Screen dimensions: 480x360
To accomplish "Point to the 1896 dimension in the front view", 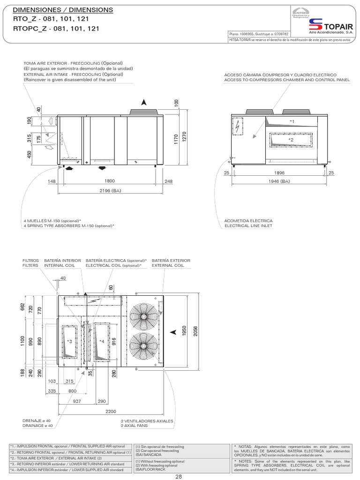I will click(x=279, y=173).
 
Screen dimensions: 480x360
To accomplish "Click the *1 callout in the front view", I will click(x=292, y=121).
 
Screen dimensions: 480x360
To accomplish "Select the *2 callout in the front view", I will click(x=291, y=140).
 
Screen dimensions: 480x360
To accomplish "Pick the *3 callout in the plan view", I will click(x=69, y=341).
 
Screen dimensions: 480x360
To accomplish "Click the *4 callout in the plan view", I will click(x=101, y=341).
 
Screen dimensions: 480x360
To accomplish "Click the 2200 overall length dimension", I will click(x=111, y=411).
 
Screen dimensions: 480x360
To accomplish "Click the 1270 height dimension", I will click(x=185, y=136).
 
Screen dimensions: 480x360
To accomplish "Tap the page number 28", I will click(x=179, y=477).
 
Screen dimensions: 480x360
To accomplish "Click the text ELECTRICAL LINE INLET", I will click(x=248, y=225).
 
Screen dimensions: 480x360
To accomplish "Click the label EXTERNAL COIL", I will click(x=168, y=265).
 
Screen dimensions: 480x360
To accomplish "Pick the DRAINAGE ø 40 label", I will click(x=37, y=426).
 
